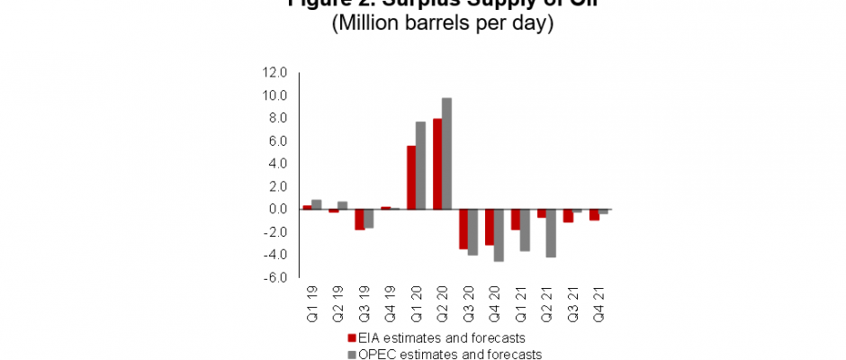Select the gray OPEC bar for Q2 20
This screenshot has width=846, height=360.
click(446, 153)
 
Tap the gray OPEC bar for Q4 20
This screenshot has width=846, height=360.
click(499, 235)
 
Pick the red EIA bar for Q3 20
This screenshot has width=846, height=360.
click(463, 229)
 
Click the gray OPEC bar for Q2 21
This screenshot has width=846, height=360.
click(551, 233)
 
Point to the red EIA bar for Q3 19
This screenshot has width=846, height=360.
click(359, 219)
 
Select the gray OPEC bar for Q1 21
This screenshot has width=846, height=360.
click(525, 229)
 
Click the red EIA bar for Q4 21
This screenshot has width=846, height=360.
click(594, 214)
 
